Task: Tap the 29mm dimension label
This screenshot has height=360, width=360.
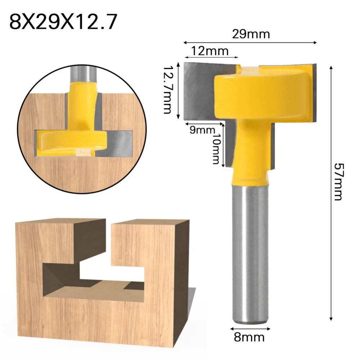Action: [251, 35]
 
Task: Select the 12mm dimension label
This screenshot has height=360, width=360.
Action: [210, 51]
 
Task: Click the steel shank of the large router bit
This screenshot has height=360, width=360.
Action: [249, 252]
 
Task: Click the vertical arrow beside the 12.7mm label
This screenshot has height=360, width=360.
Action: [178, 92]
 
